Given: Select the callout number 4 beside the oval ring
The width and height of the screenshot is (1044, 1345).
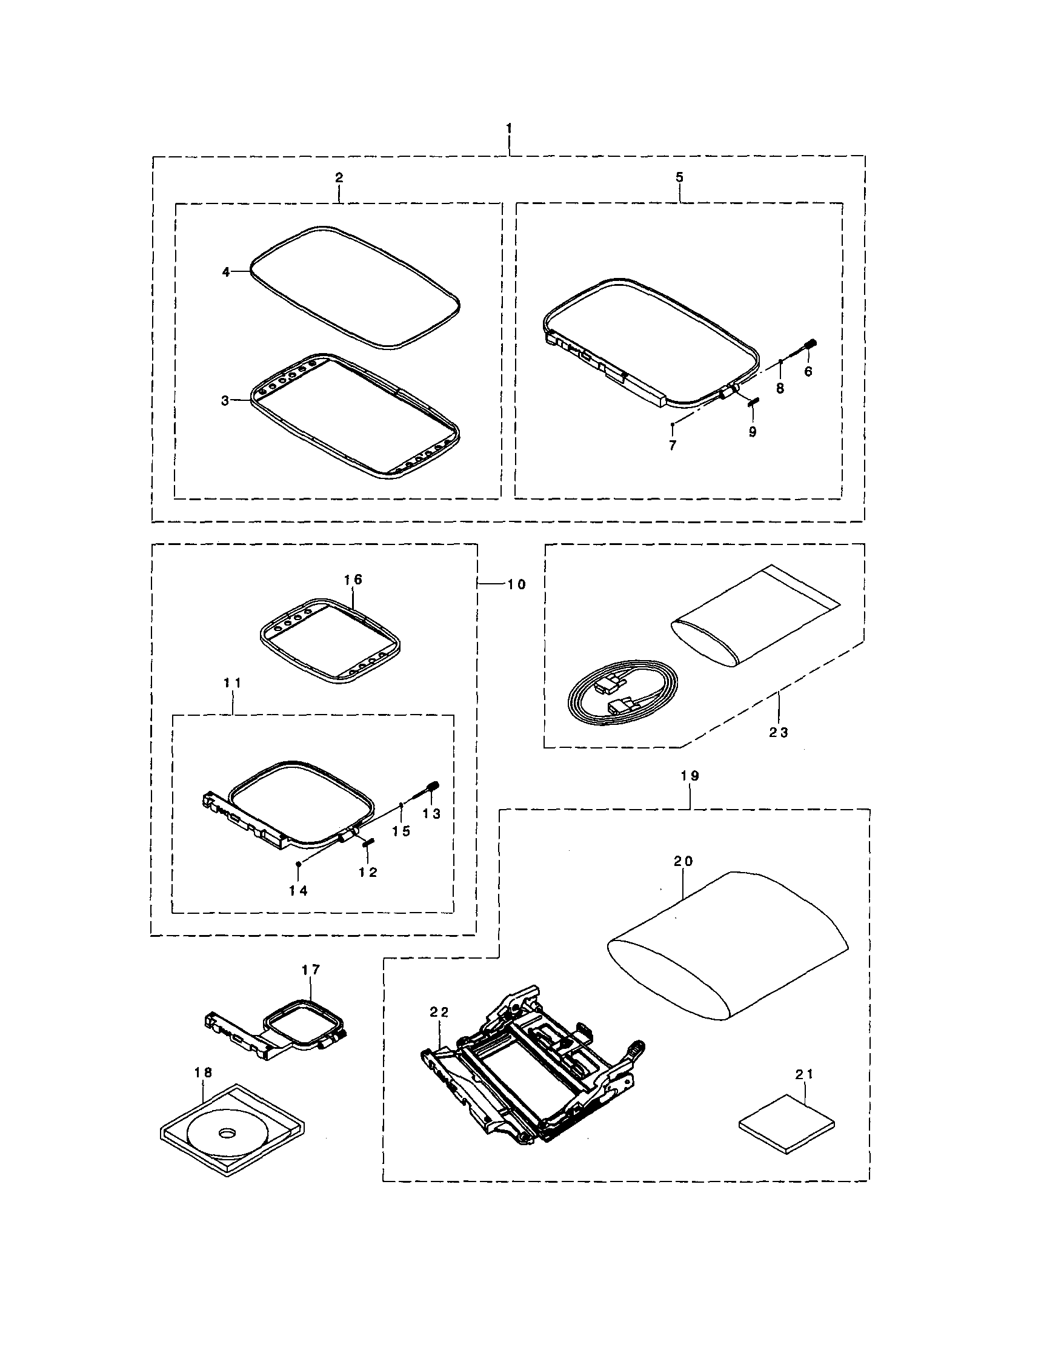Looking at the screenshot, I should [226, 271].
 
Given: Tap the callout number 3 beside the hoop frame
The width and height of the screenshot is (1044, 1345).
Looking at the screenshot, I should [225, 401].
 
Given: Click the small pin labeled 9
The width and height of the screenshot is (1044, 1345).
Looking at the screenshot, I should [754, 402].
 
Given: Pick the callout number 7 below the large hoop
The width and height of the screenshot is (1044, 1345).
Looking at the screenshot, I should [673, 445].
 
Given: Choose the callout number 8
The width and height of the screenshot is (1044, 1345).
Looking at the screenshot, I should [780, 389].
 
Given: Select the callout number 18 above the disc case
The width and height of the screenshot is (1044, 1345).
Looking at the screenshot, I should [204, 1072].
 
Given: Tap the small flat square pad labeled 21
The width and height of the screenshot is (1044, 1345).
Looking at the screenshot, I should [787, 1123].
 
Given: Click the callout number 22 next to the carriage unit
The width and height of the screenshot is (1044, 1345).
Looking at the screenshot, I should [440, 1011].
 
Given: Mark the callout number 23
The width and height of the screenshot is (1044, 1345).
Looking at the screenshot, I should [779, 732].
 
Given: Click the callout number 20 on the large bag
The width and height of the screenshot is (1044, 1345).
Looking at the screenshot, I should [683, 862].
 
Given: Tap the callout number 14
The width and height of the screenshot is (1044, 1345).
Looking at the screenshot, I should [298, 890].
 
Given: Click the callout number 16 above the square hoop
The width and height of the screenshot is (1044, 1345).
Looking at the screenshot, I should [353, 580].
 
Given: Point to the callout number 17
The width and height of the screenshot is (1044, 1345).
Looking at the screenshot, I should [311, 970].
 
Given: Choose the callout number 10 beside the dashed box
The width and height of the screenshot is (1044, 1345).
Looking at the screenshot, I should [516, 584].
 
